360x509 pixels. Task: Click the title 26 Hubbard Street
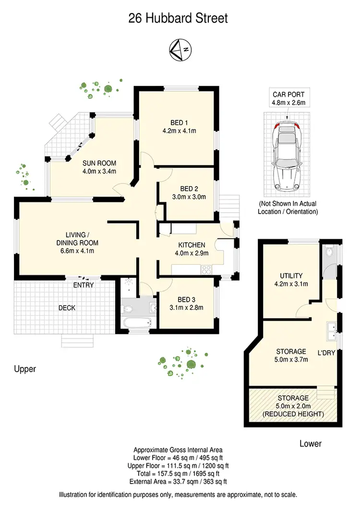[x=178, y=18]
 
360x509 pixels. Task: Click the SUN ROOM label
[x=99, y=163]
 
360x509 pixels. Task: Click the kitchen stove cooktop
[x=207, y=269]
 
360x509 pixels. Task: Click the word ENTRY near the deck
[x=83, y=285]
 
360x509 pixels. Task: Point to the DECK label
[x=67, y=308]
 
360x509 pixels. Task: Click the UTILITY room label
[x=291, y=276]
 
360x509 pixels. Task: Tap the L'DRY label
[x=326, y=353]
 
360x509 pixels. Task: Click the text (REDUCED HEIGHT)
[x=294, y=414]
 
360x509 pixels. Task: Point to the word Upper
[x=25, y=369]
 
